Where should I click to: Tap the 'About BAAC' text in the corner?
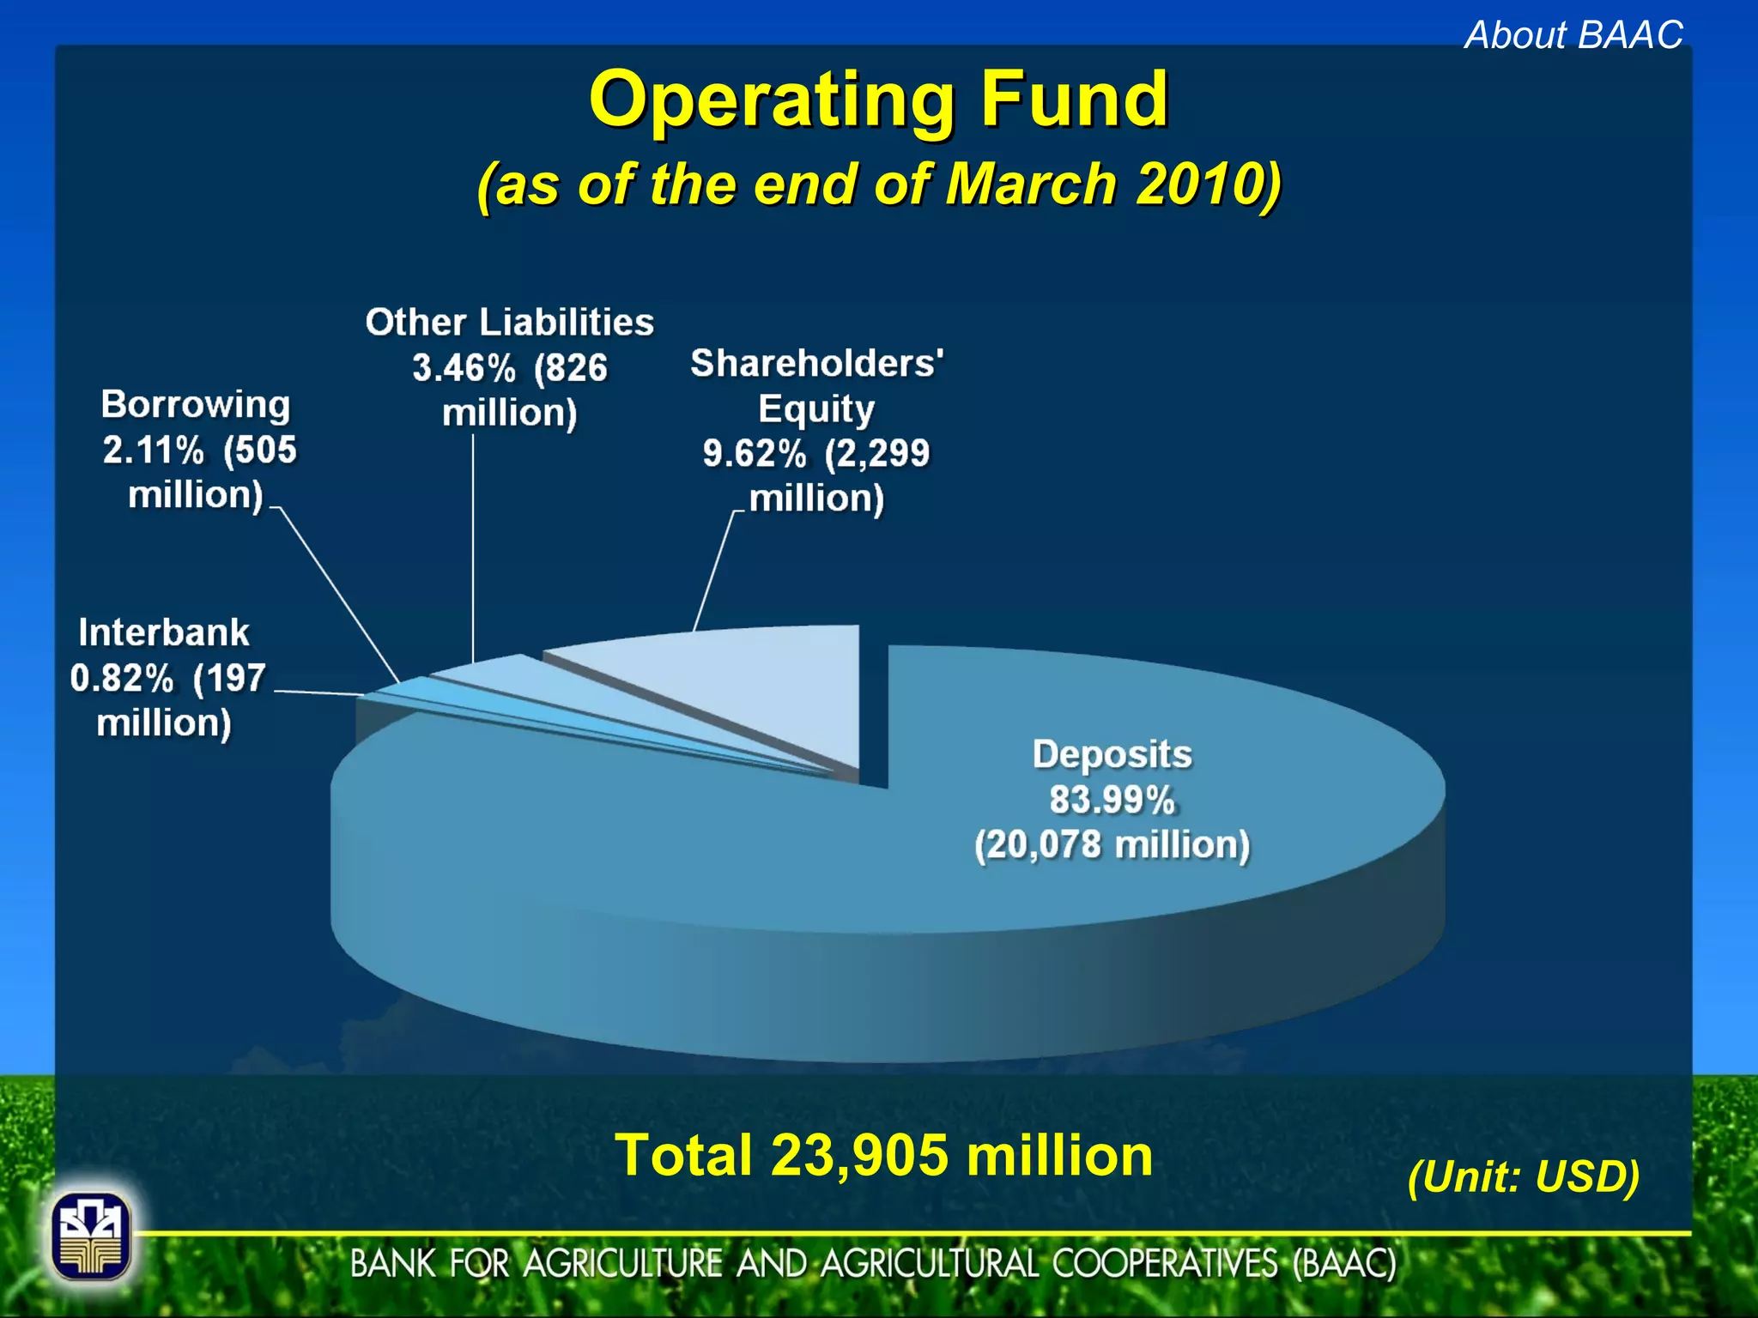[1573, 35]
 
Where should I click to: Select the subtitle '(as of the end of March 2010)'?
[879, 184]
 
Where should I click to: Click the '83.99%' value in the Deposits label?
[1112, 800]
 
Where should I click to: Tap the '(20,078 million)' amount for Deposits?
[1112, 845]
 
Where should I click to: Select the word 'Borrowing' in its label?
[196, 405]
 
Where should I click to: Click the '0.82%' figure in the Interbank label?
[122, 679]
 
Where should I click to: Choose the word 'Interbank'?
[164, 633]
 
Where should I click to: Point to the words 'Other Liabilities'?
[509, 323]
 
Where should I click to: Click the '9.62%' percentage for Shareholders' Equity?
[755, 454]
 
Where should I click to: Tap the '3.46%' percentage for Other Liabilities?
[464, 368]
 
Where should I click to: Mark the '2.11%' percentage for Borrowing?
[154, 450]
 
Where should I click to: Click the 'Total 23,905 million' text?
[884, 1155]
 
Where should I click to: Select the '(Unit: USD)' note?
[1524, 1176]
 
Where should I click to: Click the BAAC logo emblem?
[90, 1236]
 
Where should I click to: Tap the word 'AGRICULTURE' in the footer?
[622, 1264]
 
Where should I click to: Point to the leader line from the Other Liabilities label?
[473, 549]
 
